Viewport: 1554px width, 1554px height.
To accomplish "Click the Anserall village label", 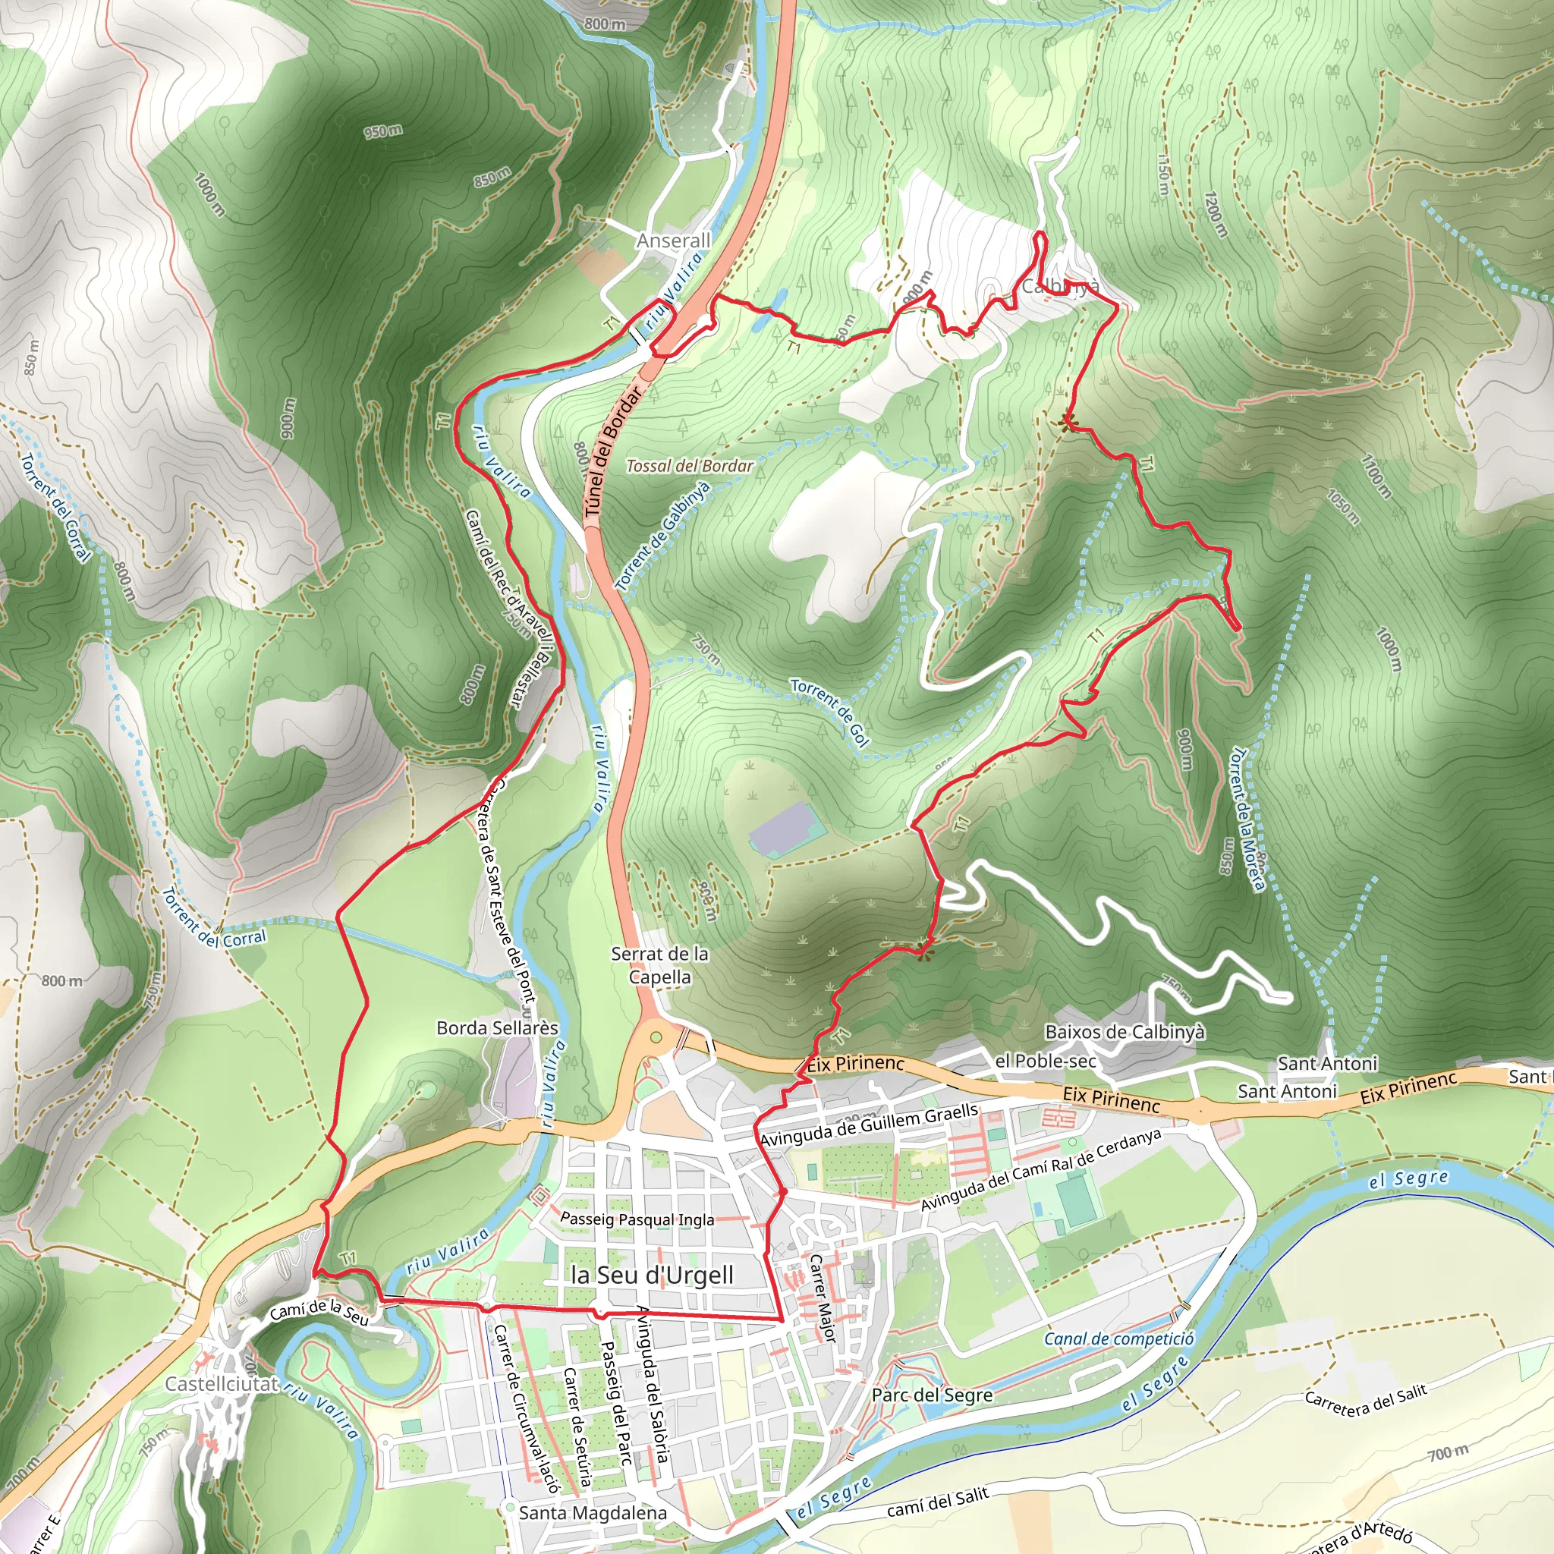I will (x=673, y=241).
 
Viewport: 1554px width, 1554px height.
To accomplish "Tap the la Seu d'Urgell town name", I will (x=652, y=1275).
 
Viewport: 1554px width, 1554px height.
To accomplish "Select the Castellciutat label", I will (x=222, y=1384).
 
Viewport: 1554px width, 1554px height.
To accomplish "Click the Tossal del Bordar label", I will (x=689, y=466).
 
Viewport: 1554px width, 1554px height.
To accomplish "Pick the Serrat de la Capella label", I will (x=659, y=965).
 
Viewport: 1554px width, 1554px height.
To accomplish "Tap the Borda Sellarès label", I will (x=497, y=1028).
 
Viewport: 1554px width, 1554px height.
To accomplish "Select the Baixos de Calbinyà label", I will (x=1125, y=1032).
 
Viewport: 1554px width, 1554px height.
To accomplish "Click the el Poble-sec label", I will (x=1045, y=1061).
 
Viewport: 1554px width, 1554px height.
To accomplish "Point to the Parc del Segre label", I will (x=933, y=1395).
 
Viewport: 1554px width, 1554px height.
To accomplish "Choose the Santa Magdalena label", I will (x=593, y=1513).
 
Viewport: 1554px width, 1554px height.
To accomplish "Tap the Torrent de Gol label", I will (x=829, y=712).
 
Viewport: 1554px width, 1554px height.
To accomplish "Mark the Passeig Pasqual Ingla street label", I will (x=637, y=1219).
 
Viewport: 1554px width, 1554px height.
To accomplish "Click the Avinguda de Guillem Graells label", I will (x=869, y=1125).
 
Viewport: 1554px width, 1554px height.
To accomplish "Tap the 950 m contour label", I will (x=383, y=131).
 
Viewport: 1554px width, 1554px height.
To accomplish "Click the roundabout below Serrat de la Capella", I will (x=656, y=1037).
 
